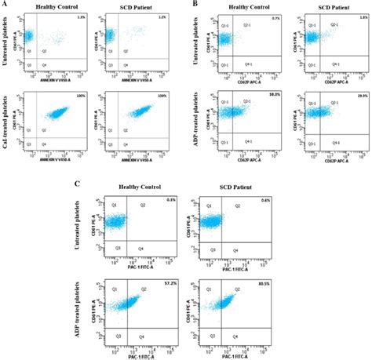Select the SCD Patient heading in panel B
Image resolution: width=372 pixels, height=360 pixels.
[x=323, y=8]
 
